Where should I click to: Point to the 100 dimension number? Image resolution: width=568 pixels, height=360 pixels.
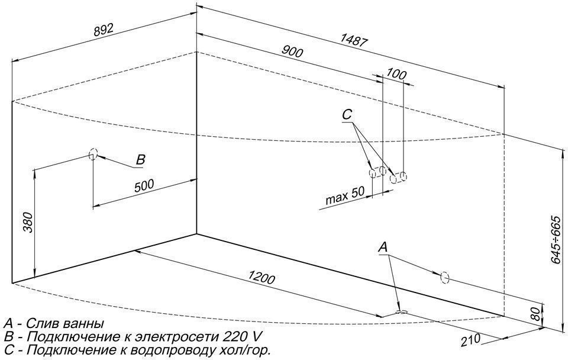point(395,74)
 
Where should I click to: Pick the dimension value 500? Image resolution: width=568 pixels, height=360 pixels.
point(144,185)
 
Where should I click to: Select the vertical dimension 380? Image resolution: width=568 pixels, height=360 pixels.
point(26,223)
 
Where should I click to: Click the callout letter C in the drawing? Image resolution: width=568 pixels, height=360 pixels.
point(347,114)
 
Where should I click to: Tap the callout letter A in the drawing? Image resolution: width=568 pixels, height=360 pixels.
point(383,246)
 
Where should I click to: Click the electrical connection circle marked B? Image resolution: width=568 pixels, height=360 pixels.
point(92,155)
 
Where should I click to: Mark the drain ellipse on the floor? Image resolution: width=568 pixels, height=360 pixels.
point(401,313)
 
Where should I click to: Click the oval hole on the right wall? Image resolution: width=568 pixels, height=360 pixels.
point(445,277)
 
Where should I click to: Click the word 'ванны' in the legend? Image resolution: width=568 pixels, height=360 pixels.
point(82,324)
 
